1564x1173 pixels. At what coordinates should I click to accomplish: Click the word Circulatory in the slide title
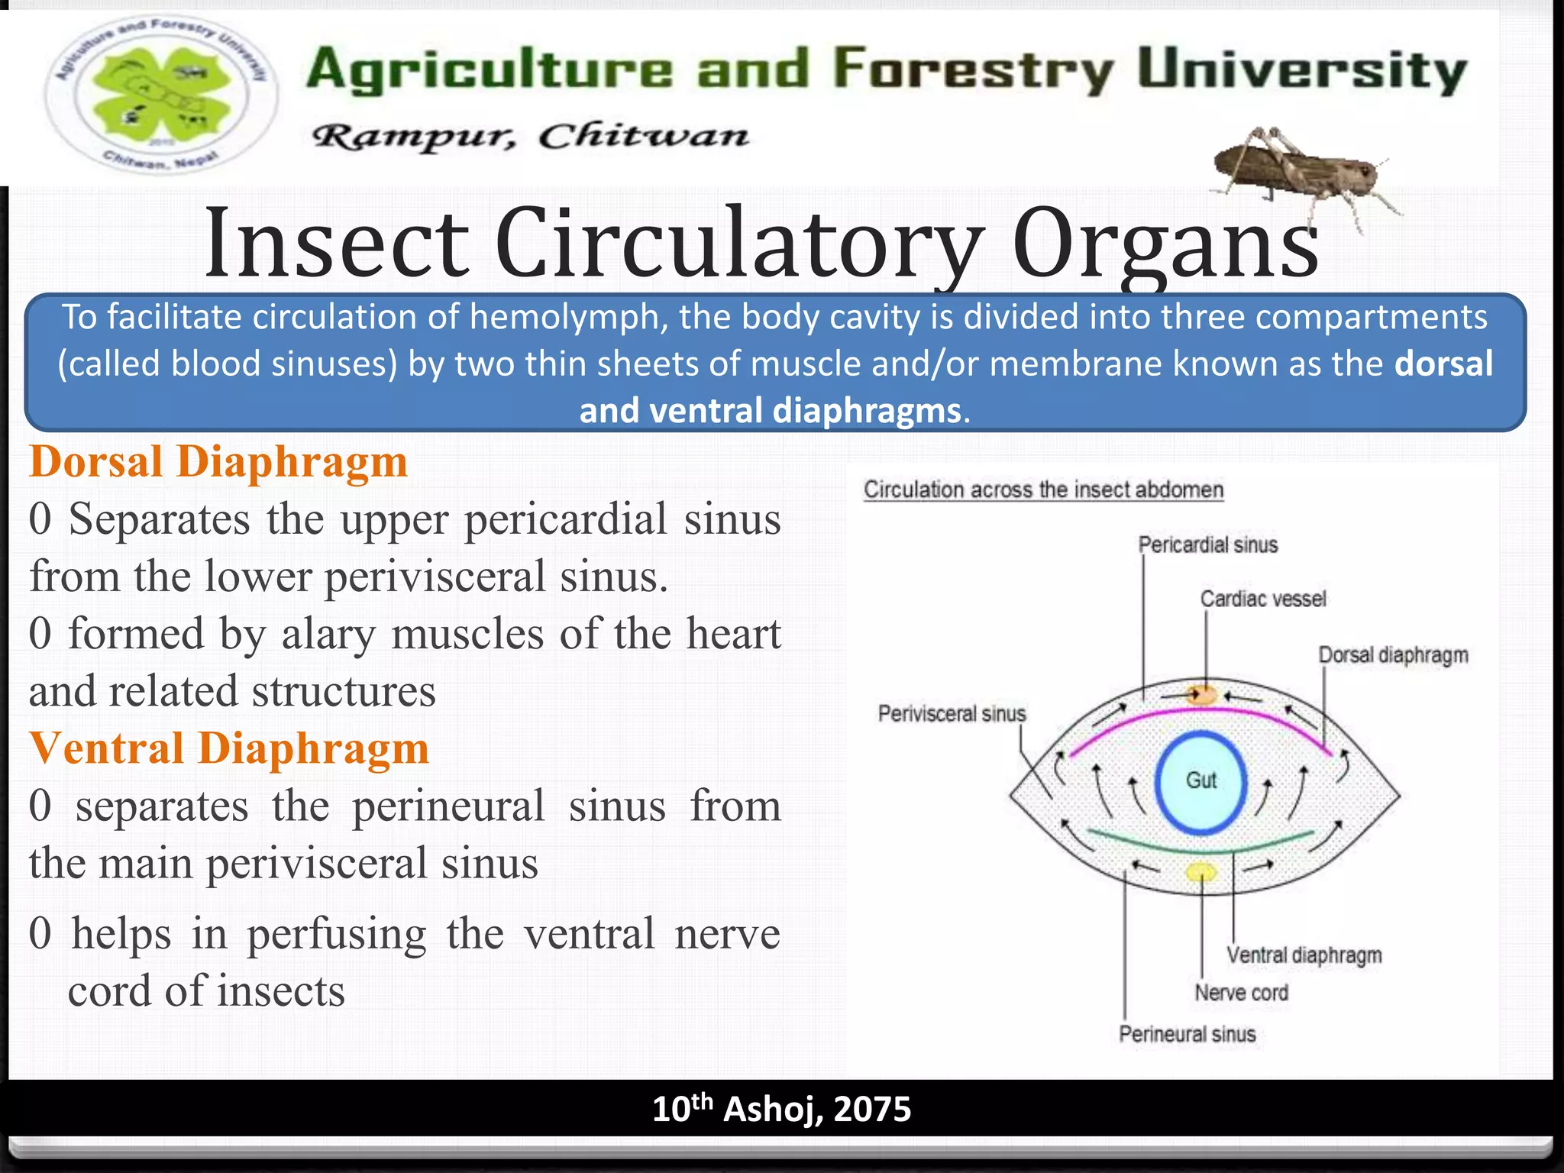pos(738,243)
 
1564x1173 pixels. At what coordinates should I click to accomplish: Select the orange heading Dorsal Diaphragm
pos(218,463)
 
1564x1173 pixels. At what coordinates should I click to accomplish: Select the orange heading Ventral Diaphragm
pos(229,748)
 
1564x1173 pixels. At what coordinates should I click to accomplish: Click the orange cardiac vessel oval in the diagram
pos(1202,695)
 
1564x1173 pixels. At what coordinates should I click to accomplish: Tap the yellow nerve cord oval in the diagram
pos(1200,872)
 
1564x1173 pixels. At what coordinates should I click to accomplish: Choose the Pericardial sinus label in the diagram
pos(1207,545)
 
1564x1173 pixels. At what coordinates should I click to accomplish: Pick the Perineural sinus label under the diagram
pos(1187,1034)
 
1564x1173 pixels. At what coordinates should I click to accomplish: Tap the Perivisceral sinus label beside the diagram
pos(952,714)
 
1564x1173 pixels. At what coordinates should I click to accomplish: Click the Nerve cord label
pos(1241,993)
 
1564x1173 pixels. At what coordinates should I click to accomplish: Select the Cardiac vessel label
pos(1263,599)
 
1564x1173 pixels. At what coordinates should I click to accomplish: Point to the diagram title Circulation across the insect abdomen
pos(1043,490)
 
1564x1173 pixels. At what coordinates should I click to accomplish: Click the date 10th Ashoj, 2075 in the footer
pos(781,1109)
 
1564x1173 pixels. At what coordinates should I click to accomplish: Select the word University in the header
pos(1301,70)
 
